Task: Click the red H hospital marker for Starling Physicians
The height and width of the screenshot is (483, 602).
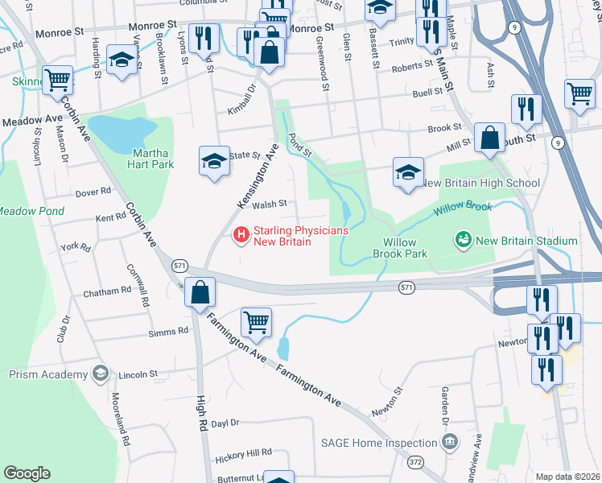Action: pos(240,235)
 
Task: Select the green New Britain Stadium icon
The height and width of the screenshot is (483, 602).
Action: pos(463,239)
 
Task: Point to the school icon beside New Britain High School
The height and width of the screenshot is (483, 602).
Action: pos(409,171)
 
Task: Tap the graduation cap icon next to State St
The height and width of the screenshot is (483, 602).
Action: pos(214,161)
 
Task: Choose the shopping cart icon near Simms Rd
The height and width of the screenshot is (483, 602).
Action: pos(256,322)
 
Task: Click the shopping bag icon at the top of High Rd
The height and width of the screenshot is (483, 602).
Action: pos(200,291)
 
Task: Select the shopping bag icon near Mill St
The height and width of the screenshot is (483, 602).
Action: pos(489,138)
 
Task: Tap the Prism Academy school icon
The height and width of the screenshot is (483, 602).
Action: pos(99,373)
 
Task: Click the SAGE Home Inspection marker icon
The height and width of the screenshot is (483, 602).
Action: pos(449,441)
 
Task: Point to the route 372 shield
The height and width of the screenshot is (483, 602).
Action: pos(415,461)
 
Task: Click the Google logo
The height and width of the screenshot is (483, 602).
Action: pos(27,473)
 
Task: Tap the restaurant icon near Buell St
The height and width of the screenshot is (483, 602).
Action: pos(526,109)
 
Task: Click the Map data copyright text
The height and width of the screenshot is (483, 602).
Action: pos(567,477)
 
